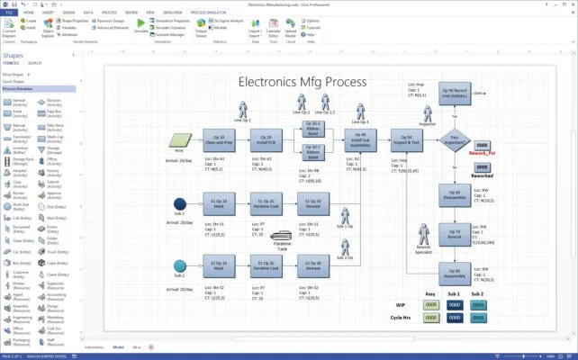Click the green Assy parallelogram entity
(179, 139)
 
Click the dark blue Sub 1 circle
(180, 203)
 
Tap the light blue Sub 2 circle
(180, 265)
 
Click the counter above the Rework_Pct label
(483, 145)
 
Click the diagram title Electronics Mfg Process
(302, 81)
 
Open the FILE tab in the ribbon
(10, 13)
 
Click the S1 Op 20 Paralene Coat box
(266, 203)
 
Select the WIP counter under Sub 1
(454, 304)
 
